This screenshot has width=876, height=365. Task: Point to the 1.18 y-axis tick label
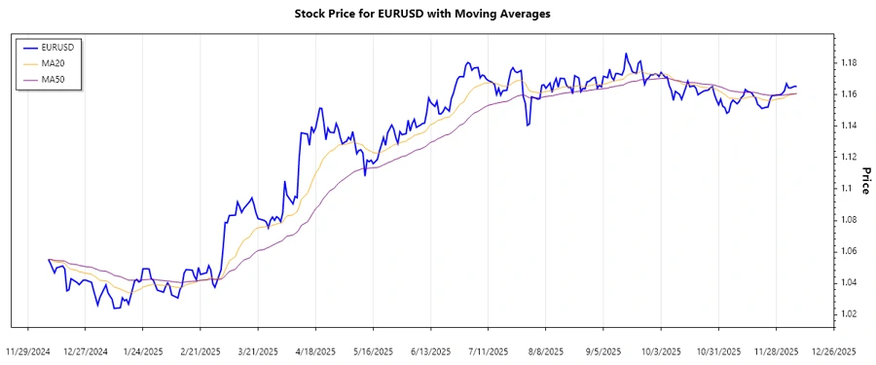click(847, 63)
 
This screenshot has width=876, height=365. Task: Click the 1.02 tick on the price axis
click(847, 313)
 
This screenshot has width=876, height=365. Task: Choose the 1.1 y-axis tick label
click(844, 188)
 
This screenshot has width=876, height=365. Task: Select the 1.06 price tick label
click(847, 251)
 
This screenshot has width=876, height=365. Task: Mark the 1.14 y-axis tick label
click(847, 126)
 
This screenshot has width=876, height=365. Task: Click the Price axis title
click(864, 180)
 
